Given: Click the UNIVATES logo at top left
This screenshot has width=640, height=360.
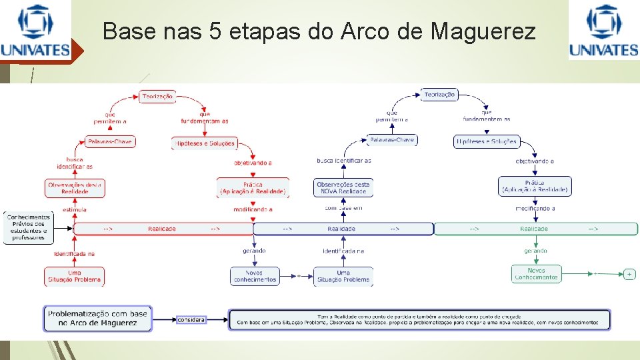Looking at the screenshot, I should [x=35, y=31].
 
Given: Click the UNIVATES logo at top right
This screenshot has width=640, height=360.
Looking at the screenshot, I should [x=603, y=31].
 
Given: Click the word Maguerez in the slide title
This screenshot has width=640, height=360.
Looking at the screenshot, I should [x=483, y=31].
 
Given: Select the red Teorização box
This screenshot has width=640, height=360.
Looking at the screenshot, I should [x=158, y=97].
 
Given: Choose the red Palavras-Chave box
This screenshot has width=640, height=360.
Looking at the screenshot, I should [x=110, y=142].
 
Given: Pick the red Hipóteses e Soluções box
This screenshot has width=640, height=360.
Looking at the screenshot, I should [x=204, y=143].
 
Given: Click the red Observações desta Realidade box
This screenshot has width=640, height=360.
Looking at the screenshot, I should [x=75, y=187].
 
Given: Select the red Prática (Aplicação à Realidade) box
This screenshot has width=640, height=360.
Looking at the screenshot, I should [x=253, y=188].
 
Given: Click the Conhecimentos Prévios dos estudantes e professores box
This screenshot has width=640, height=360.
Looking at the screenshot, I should [x=28, y=227].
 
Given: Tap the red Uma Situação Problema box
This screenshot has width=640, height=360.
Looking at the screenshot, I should [x=75, y=276].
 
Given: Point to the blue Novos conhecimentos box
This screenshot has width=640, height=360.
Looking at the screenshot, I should [x=254, y=276].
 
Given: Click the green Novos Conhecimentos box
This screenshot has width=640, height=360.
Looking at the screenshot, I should [x=536, y=274].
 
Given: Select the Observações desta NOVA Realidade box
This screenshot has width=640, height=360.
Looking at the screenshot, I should [x=343, y=187].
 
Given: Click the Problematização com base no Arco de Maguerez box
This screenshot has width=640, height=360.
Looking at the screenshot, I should [x=98, y=318].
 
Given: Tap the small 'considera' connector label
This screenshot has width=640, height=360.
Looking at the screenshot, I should [x=192, y=320].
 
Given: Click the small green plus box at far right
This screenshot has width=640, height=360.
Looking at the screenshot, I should [x=629, y=274].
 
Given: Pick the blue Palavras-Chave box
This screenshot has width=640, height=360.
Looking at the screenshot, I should [x=392, y=140].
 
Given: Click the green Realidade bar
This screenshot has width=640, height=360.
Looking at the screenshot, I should [x=535, y=229].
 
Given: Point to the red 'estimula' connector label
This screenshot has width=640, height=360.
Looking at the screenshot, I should [x=75, y=209].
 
